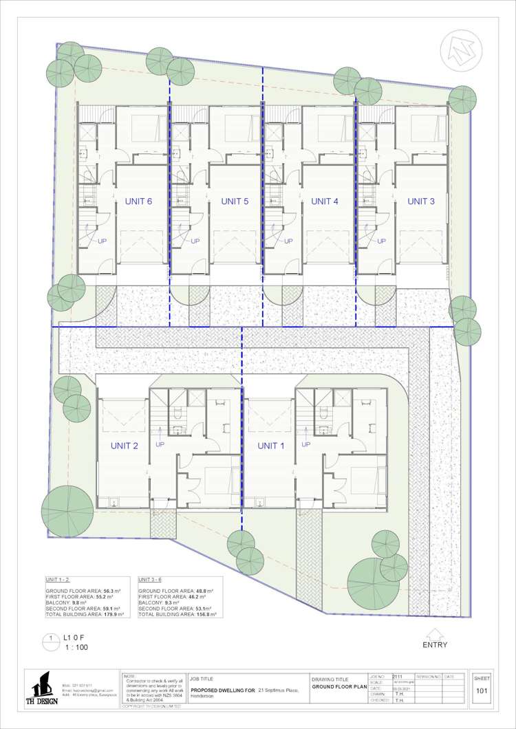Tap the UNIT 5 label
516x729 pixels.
[235, 202]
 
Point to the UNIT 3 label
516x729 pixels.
[421, 202]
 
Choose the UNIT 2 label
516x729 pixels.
[125, 446]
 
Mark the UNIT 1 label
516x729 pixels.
[271, 446]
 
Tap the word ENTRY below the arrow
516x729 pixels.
[435, 645]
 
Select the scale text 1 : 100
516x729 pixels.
[76, 647]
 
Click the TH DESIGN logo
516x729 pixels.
[43, 688]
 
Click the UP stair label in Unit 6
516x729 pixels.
[103, 241]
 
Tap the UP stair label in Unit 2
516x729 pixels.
[160, 444]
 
